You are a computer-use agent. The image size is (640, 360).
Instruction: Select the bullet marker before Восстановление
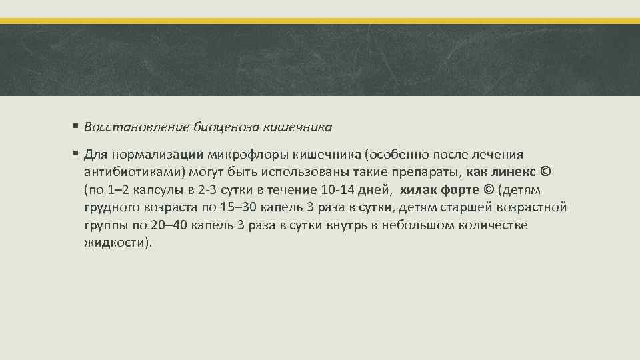pos(77,125)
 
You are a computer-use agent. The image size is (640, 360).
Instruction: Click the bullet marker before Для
pos(77,155)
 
